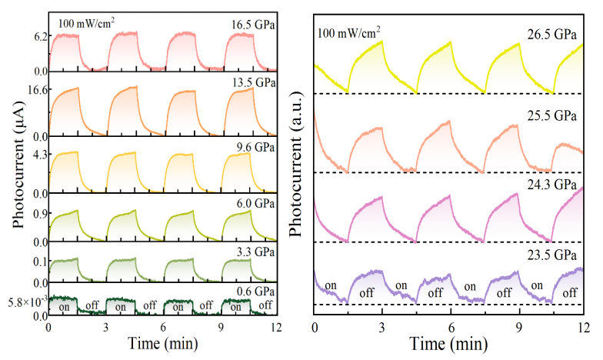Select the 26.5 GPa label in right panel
coord(551,33)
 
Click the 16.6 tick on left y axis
coord(35,90)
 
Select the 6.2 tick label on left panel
coord(38,36)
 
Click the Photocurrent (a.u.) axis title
coord(296,169)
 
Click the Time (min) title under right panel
coord(449,343)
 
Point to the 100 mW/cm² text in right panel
coord(348,32)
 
